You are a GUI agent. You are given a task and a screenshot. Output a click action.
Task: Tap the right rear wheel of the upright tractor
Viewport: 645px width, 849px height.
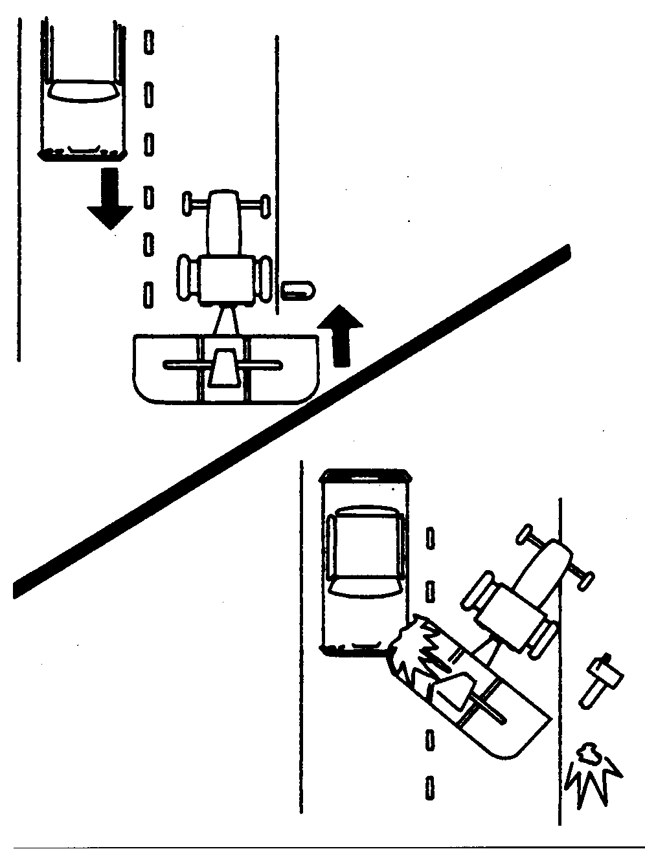pyautogui.click(x=264, y=279)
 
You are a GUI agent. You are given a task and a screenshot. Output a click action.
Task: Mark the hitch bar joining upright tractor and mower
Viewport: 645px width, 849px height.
pyautogui.click(x=225, y=320)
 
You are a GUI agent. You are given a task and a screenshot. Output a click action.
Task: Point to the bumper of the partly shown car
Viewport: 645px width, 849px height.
pyautogui.click(x=82, y=154)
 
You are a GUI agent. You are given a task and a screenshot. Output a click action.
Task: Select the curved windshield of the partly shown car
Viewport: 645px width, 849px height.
pyautogui.click(x=83, y=92)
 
